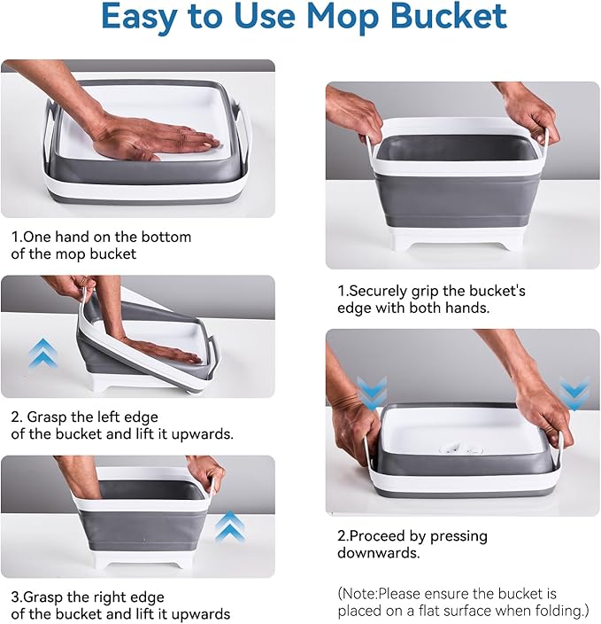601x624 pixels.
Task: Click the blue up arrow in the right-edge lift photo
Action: point(228,526)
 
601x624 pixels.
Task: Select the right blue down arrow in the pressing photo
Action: point(574,391)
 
